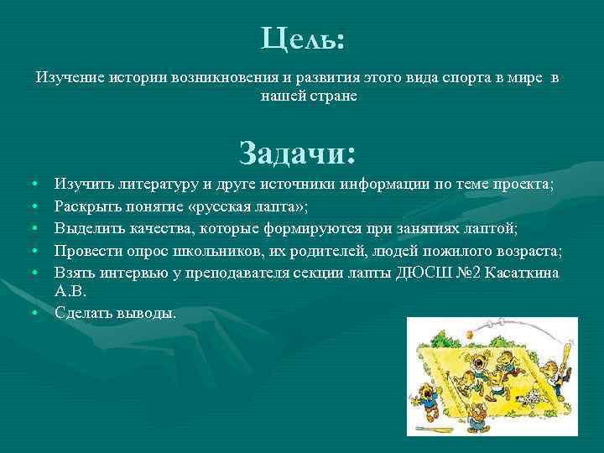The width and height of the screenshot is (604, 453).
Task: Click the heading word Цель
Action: coord(301,38)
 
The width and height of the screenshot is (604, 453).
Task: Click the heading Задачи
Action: coord(297,153)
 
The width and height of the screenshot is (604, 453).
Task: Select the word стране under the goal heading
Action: coord(332,96)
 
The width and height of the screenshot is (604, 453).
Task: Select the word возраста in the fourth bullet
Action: coord(528,251)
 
